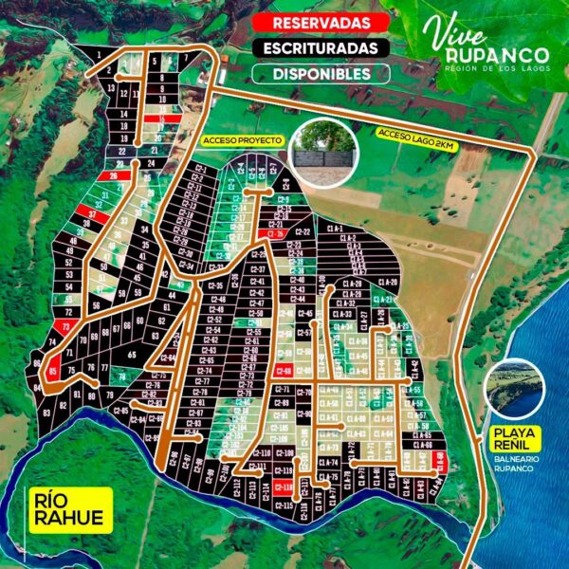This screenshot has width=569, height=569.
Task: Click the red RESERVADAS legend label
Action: tap(314, 22)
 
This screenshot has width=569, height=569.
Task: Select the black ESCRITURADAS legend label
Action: tap(314, 47)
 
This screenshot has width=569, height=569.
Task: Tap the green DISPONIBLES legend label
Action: tap(314, 73)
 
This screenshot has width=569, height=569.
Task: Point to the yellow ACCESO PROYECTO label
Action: tap(241, 139)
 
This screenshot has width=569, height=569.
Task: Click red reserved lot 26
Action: tap(113, 176)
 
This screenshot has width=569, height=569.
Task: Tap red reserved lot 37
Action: tap(92, 214)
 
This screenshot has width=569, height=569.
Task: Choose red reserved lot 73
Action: tap(64, 325)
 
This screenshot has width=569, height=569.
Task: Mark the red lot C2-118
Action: tap(284, 487)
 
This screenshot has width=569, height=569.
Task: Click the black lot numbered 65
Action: tap(131, 353)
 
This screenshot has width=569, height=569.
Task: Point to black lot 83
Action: tap(47, 412)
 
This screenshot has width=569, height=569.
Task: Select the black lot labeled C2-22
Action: tap(303, 230)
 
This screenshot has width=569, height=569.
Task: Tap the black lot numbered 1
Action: tap(98, 55)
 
